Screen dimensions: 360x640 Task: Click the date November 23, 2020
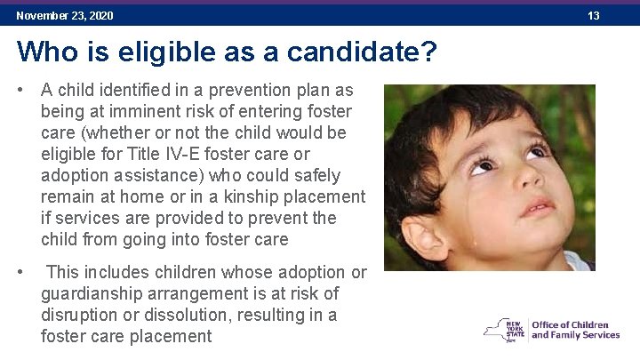pos(65,16)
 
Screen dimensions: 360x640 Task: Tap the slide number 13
pos(594,16)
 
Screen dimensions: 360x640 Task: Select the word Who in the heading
pos(45,52)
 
